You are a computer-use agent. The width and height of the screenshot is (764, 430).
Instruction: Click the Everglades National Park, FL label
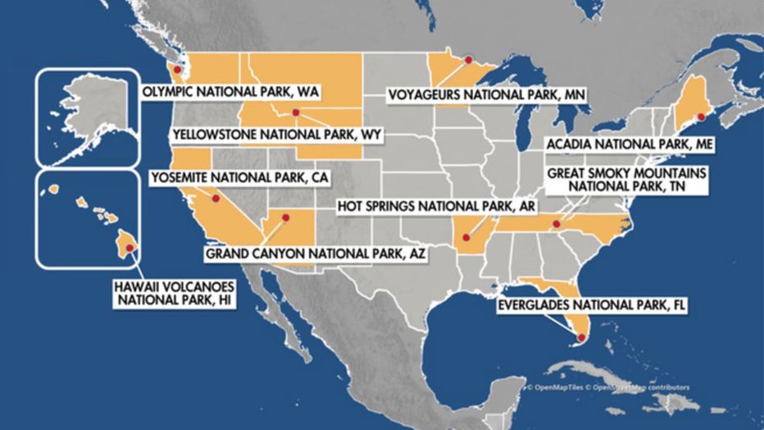[592, 304]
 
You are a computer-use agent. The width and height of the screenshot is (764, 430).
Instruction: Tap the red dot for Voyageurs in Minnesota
[467, 60]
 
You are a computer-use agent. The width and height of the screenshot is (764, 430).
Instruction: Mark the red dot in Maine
[701, 117]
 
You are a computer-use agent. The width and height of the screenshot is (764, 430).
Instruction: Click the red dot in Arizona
[286, 217]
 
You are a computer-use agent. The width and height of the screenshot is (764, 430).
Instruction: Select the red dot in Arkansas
[466, 236]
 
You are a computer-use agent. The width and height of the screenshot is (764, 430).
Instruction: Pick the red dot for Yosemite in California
[216, 199]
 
